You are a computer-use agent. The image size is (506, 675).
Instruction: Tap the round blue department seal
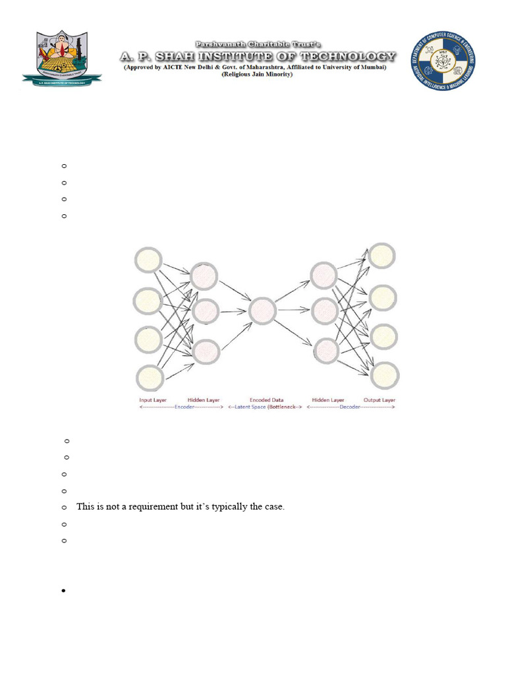[x=444, y=61]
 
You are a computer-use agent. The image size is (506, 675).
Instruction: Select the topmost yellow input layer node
[x=148, y=259]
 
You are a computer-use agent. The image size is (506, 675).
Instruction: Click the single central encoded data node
[x=262, y=310]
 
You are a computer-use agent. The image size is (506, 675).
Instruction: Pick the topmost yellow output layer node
[x=382, y=255]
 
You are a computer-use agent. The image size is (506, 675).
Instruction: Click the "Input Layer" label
[x=153, y=400]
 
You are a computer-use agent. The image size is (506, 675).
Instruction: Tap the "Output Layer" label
[x=379, y=400]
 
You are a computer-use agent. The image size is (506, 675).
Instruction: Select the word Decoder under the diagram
[x=349, y=407]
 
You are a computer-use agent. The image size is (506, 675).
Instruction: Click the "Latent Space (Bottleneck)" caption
[x=266, y=407]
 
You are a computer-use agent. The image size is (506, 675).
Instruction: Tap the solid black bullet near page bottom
[x=64, y=591]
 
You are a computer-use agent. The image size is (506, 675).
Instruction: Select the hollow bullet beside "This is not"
[x=64, y=508]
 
